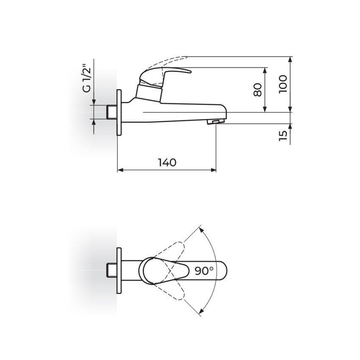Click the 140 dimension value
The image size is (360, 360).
coord(167,162)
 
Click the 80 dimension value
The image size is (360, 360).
coord(258,90)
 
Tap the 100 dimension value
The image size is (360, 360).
coord(283,84)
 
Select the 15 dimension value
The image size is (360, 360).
coord(283,136)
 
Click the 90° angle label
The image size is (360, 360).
coord(204,271)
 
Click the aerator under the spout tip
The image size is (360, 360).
coord(215,122)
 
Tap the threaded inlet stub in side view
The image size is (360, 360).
coord(112,112)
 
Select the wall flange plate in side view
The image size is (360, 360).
coord(119,113)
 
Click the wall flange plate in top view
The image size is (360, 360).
coord(119,271)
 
